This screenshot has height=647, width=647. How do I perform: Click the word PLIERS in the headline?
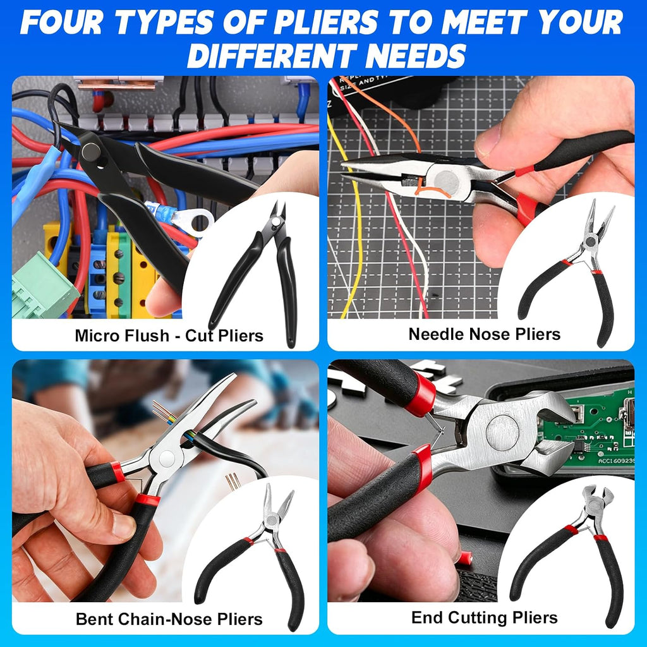coord(325,22)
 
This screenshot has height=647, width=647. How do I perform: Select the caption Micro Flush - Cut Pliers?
coord(169,336)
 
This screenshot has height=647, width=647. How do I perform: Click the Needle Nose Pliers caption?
coord(485,334)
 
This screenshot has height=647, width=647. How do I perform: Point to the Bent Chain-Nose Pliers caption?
coord(169,619)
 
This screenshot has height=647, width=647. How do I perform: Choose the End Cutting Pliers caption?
coord(485,617)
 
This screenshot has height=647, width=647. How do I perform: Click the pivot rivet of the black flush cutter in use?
coord(91,152)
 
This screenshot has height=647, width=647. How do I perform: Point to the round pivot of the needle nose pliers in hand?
coord(447,182)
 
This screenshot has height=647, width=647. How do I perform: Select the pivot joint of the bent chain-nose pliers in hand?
coord(167,459)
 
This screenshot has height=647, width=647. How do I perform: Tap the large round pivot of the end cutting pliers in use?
coord(502,432)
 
